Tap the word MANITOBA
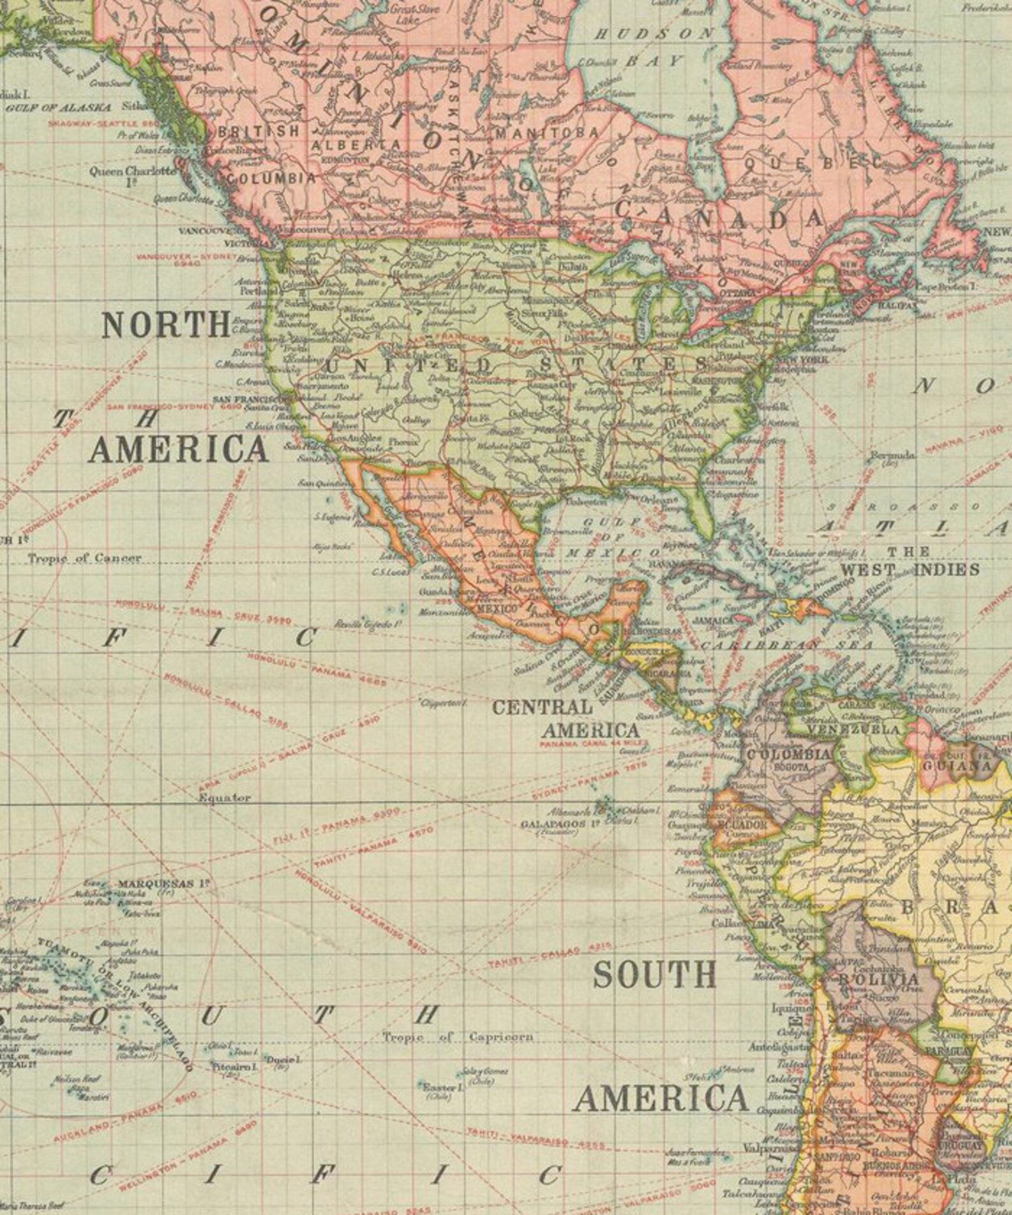point(546,133)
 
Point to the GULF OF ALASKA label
point(47,108)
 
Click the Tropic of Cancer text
point(84,558)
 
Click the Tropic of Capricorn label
point(457,1037)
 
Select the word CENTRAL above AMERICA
point(542,707)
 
